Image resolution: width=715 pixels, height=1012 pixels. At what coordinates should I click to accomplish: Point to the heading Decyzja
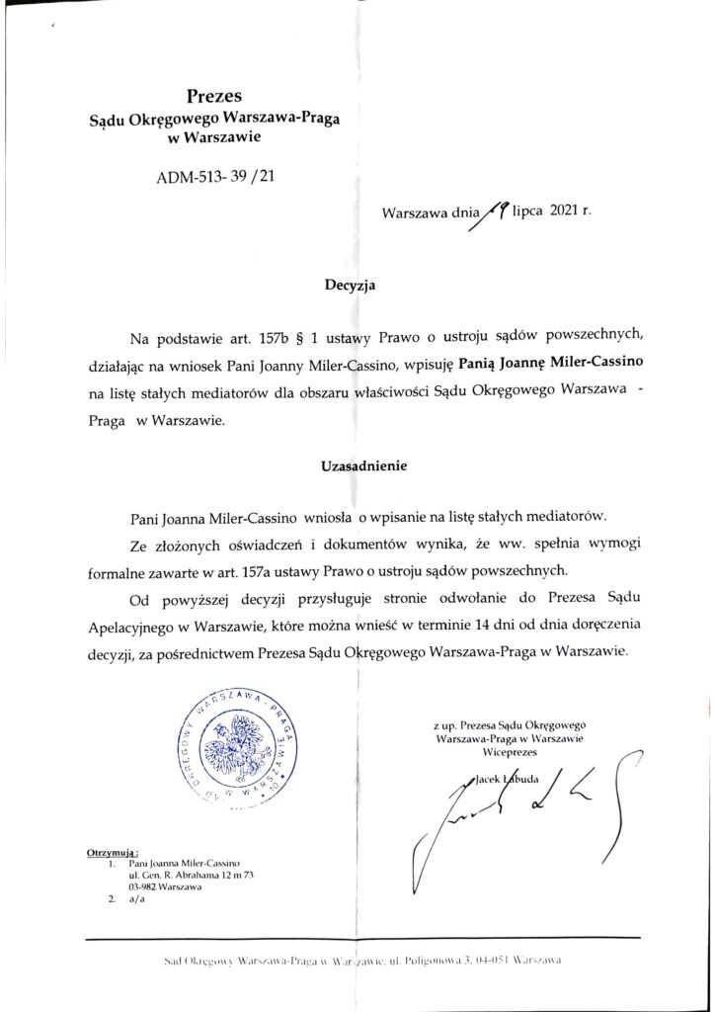pyautogui.click(x=350, y=287)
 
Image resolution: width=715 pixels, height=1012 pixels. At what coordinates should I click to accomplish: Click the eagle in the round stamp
pyautogui.click(x=238, y=741)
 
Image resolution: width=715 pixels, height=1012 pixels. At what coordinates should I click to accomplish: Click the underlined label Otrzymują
pyautogui.click(x=114, y=850)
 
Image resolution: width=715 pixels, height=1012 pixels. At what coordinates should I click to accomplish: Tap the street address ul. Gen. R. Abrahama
pyautogui.click(x=187, y=875)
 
